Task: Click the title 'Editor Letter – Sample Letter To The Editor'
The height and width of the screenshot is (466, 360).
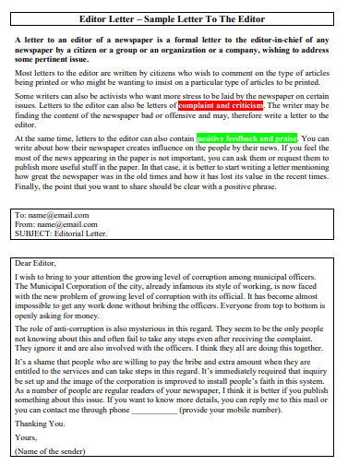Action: (180, 18)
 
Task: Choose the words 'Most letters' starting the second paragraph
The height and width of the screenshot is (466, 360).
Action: (36, 71)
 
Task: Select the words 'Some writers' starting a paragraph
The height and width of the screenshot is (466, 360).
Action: (38, 97)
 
